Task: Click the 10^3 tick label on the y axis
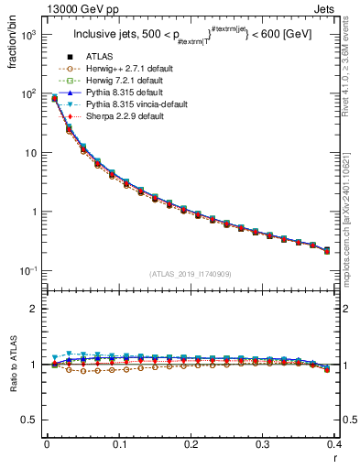(27, 35)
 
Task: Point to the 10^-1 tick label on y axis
(27, 271)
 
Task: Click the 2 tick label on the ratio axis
(34, 309)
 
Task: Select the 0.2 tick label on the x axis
(191, 445)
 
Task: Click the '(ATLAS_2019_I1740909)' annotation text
(191, 275)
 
